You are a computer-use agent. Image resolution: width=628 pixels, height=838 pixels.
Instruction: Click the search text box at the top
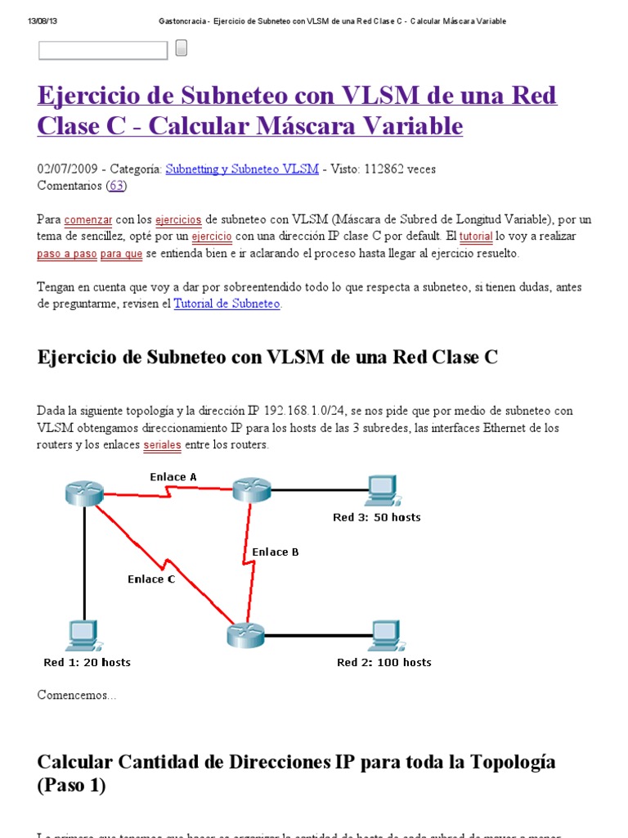click(x=102, y=51)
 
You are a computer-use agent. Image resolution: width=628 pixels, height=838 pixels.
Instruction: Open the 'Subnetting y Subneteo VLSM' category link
click(x=242, y=169)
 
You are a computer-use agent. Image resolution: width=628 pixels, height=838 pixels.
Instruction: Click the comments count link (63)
click(x=118, y=185)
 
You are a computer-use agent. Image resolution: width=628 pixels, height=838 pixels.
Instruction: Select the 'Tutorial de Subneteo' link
click(x=227, y=304)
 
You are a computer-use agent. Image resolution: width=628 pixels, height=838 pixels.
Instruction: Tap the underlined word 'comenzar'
click(x=87, y=220)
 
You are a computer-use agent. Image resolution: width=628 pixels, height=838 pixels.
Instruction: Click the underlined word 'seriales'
click(x=162, y=446)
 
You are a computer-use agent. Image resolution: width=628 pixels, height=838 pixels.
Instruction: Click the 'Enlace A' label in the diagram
click(x=173, y=477)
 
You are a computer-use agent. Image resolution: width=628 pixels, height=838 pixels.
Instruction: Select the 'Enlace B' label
click(x=276, y=552)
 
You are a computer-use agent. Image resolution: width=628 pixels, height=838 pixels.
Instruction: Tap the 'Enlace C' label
click(x=151, y=579)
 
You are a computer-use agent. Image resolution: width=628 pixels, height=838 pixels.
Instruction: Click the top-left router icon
click(x=84, y=492)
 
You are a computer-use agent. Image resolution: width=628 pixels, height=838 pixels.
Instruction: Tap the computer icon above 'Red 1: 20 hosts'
click(x=83, y=634)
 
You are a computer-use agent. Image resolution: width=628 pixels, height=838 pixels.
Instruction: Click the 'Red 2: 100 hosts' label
click(x=384, y=663)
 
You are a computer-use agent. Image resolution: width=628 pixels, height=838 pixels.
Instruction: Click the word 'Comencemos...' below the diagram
click(x=77, y=696)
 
